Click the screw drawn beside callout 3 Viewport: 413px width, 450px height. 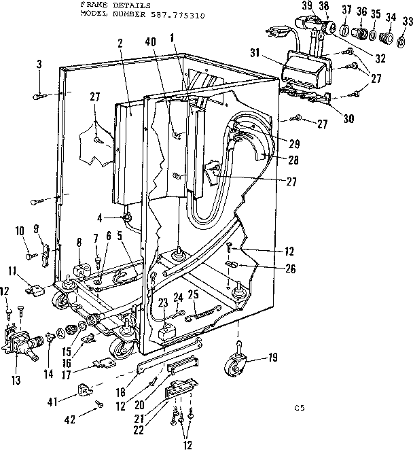click(39, 97)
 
